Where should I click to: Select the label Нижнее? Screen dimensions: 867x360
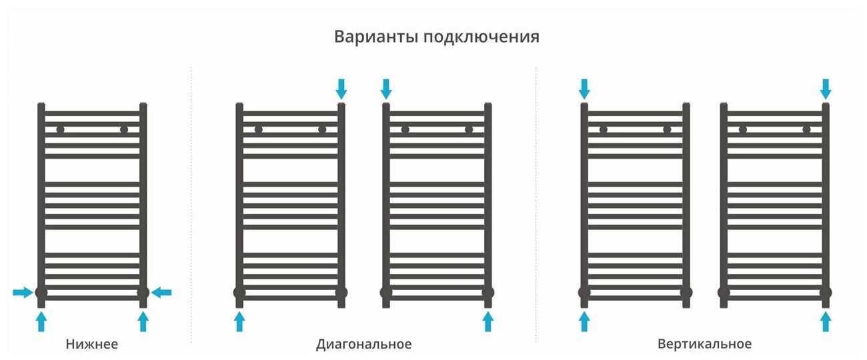(x=92, y=345)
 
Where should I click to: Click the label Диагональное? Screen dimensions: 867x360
(x=363, y=345)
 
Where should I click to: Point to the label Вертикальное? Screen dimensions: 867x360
(x=704, y=345)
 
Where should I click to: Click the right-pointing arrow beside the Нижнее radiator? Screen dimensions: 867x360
(x=23, y=292)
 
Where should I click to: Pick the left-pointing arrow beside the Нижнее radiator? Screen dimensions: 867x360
(x=161, y=292)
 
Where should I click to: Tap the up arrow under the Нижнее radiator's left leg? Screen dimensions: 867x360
(x=41, y=322)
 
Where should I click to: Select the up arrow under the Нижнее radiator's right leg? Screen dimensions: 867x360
(x=143, y=322)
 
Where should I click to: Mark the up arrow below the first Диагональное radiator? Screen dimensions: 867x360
(x=240, y=322)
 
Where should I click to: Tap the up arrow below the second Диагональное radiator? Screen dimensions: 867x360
(x=488, y=322)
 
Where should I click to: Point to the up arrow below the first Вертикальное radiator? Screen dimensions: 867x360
(x=584, y=322)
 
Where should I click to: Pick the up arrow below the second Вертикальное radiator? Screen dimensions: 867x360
(x=826, y=322)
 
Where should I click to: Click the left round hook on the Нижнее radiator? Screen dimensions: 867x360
(x=60, y=130)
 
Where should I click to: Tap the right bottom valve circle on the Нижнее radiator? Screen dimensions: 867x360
(x=143, y=292)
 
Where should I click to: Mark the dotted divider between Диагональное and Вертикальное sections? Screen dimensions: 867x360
(x=536, y=200)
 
